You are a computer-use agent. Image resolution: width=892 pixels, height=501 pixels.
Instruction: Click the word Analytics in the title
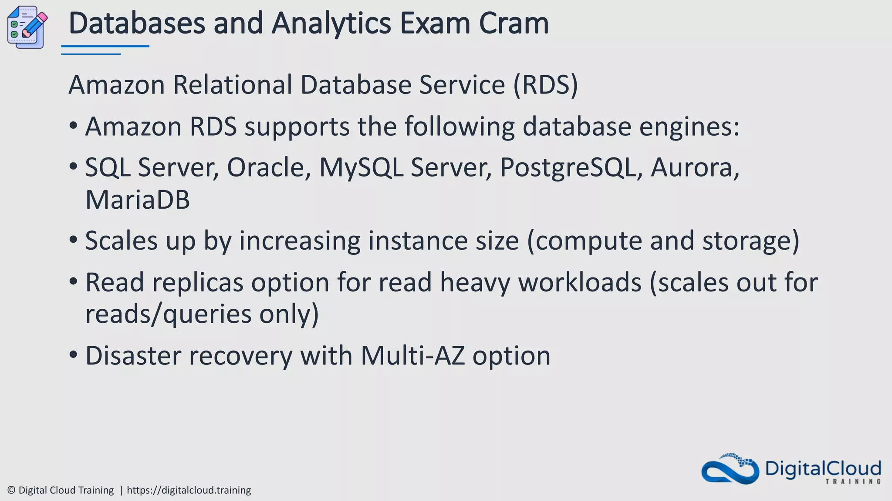pos(331,23)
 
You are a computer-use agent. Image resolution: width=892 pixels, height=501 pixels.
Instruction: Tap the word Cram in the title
pos(514,23)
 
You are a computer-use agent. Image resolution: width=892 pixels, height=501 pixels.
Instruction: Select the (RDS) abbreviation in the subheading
pos(545,85)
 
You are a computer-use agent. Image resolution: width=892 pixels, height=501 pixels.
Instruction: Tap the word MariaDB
pos(138,200)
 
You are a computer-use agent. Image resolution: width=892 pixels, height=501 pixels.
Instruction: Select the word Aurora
pos(695,168)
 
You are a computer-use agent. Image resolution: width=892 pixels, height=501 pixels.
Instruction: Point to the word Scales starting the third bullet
pos(121,240)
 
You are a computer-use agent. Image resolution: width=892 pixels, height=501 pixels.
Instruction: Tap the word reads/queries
pos(168,314)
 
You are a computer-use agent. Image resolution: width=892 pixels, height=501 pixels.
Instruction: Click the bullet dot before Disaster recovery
pos(73,355)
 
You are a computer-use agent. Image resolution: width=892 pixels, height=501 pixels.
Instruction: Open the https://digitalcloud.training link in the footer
pos(189,490)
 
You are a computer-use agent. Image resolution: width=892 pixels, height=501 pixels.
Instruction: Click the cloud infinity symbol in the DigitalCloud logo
pos(730,470)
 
